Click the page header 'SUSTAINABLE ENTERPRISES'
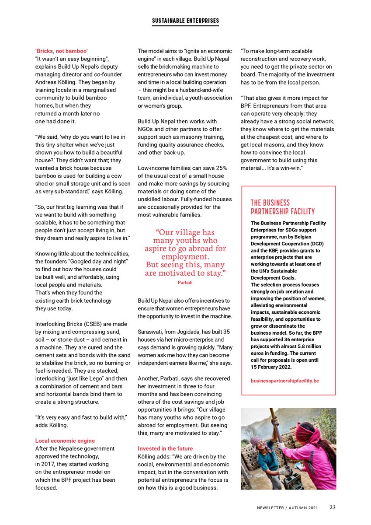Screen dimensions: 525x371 click(185, 21)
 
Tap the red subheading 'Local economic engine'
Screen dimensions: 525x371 click(65, 441)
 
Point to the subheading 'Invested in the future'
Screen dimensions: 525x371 click(165, 448)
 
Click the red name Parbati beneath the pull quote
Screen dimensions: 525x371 click(185, 283)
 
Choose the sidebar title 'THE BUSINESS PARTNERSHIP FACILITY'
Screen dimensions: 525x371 click(283, 207)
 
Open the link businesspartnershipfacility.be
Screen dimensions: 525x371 click(284, 381)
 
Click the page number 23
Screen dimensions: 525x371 click(333, 507)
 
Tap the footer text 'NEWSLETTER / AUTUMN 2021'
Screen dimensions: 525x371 click(287, 508)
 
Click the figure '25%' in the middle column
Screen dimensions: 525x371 click(221, 168)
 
